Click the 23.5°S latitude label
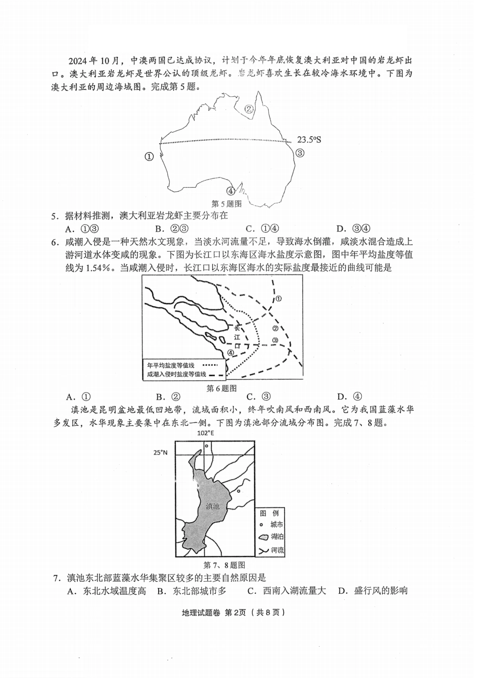[x=309, y=140]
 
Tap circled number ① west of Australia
[x=149, y=156]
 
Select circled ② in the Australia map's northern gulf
[x=249, y=108]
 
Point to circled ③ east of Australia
[x=300, y=153]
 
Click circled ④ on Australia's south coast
[x=231, y=191]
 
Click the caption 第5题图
[x=226, y=204]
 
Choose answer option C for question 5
[x=262, y=229]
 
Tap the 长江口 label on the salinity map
[x=237, y=336]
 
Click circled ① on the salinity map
[x=279, y=299]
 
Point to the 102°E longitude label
[x=206, y=433]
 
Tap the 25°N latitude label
[x=160, y=453]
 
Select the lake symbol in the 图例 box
[x=264, y=537]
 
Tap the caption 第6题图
[x=221, y=388]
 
